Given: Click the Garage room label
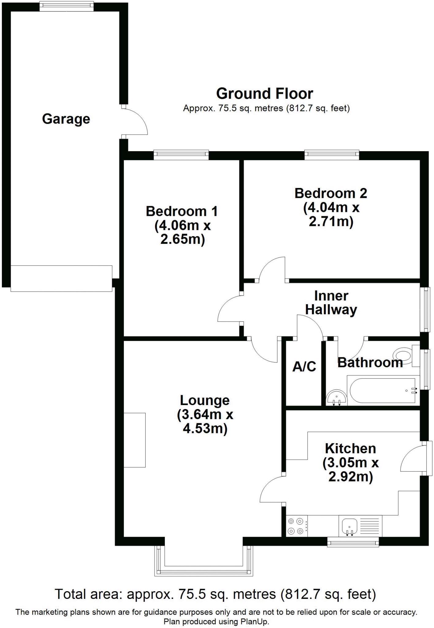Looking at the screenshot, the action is point(66,119).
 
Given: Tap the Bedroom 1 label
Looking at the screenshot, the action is point(182,211).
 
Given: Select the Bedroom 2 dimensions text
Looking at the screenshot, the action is point(331,215).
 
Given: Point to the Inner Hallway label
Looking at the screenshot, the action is point(331,303).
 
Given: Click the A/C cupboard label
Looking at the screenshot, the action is point(304,366).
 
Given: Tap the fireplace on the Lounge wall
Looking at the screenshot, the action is point(135,440).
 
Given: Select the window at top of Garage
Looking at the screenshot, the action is point(67,6).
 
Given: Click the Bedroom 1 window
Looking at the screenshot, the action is point(181,155).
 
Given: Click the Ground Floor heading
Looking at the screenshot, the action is point(265,94).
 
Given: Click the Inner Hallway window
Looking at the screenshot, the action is point(427,309).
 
